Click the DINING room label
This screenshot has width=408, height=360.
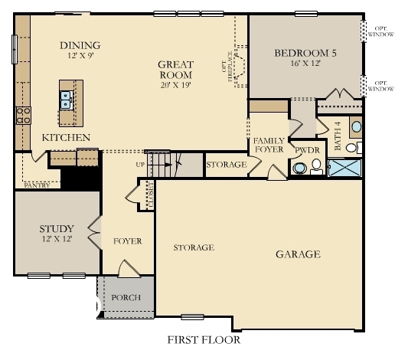(x=80, y=45)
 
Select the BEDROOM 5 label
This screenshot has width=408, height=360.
(x=305, y=53)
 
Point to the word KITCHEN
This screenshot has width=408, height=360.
(x=66, y=138)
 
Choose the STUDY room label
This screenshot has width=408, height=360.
(x=57, y=228)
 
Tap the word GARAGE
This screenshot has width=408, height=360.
(x=298, y=254)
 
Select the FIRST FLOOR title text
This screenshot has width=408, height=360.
(x=203, y=339)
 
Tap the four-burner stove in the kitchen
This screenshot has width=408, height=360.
(x=23, y=116)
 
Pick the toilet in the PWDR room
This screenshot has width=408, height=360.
(x=299, y=167)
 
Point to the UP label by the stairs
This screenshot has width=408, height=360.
(x=139, y=164)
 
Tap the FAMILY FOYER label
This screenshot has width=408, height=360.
(x=268, y=146)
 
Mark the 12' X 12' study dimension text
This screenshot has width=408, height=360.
(x=57, y=241)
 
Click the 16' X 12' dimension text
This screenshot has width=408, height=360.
(x=305, y=65)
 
